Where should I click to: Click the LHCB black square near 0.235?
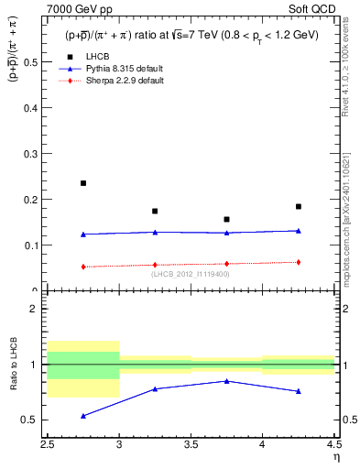[x=83, y=183]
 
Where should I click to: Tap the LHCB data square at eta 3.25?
[x=155, y=212]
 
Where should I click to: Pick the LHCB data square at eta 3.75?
[x=226, y=220]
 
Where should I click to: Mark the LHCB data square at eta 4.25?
[x=298, y=207]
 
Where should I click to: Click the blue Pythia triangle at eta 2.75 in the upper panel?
[x=83, y=234]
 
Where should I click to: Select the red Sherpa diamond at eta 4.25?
[x=298, y=262]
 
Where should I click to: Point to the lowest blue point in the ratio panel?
[x=83, y=416]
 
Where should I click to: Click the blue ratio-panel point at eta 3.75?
[x=226, y=381]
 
